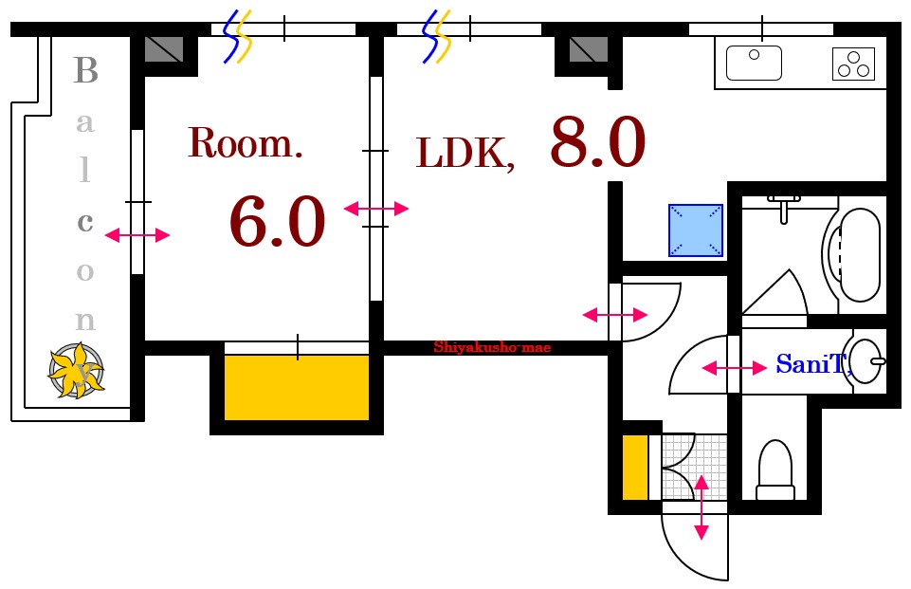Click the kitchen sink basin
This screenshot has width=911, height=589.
coord(754,63)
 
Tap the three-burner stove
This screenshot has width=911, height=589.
coord(853,64)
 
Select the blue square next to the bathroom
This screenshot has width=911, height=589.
coord(696,230)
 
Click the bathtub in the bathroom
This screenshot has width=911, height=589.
coord(853,255)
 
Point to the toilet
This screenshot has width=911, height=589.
coord(775,469)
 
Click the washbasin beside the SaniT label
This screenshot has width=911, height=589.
coord(866,361)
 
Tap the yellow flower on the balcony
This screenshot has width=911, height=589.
coord(76,370)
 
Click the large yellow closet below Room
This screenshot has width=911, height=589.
coord(297,387)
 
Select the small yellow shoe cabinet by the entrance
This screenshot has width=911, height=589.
coord(635,467)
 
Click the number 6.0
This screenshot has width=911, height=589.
coord(277,222)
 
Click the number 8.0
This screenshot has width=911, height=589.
coord(598,142)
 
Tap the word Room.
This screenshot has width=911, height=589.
coord(246,143)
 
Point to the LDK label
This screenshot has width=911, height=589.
coord(465,154)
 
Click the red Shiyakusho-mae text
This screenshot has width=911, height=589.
coord(492,348)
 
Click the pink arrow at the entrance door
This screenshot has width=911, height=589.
coord(701,507)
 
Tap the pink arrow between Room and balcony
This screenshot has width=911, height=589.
coord(137,235)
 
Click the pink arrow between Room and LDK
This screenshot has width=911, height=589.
coord(376,208)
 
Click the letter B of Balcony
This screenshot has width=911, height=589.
coord(86,70)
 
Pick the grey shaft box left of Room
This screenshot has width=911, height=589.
coord(164,49)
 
